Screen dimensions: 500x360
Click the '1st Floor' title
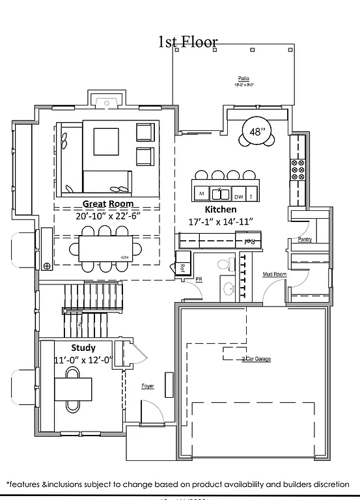coord(188,42)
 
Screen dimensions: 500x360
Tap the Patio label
coord(244,77)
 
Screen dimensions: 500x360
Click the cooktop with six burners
coord(299,169)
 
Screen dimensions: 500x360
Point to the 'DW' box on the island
coord(238,195)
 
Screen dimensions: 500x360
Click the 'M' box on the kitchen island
coord(201,194)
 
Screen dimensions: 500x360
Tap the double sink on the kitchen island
coord(221,194)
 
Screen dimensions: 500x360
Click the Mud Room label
coord(275,275)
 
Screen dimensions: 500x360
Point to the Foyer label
coord(148,386)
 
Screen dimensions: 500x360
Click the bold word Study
coord(83,348)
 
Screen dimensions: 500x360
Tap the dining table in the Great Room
coord(107,247)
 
